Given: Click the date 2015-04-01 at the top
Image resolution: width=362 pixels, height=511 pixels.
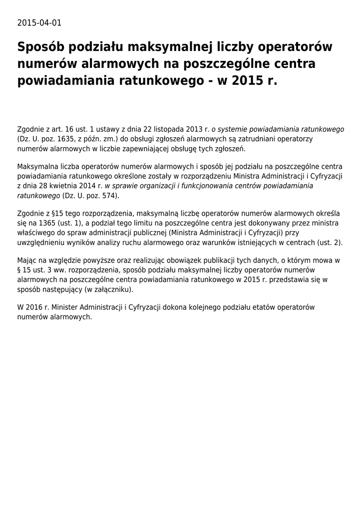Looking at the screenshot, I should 39,23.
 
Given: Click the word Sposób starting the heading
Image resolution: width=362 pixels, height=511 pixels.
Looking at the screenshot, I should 42,47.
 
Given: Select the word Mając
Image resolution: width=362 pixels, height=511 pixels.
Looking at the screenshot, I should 27,260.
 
